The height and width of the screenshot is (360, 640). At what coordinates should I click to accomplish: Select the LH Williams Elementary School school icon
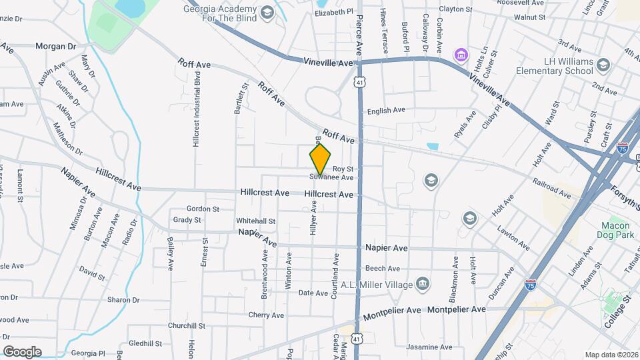[x=603, y=64]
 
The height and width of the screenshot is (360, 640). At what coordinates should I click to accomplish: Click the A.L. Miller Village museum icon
[x=422, y=285]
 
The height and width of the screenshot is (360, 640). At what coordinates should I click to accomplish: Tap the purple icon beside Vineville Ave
[x=459, y=53]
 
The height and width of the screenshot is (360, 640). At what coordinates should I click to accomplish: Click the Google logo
[x=22, y=351]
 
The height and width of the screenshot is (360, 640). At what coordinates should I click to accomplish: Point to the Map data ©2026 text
[x=611, y=355]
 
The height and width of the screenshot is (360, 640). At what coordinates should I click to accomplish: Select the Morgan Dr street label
[x=56, y=46]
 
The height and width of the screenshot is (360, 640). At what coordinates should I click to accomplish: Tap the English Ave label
[x=386, y=111]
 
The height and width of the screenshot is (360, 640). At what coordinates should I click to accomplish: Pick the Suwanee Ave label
[x=331, y=178]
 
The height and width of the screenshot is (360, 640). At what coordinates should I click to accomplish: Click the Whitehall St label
[x=255, y=221]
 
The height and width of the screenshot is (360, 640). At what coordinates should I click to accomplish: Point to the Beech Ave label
[x=382, y=269]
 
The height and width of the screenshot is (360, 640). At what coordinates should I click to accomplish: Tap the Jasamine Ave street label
[x=429, y=347]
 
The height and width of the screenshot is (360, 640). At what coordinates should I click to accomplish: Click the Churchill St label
[x=186, y=326]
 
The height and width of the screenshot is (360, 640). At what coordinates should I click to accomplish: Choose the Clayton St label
[x=455, y=9]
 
